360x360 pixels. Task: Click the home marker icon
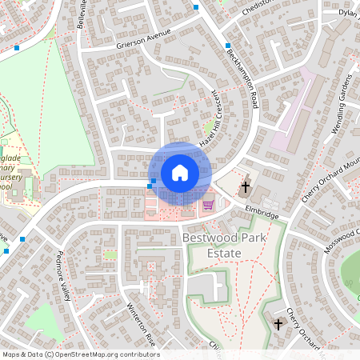coord(179,173)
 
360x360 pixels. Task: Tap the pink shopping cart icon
coord(208,205)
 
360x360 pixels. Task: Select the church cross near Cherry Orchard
coord(278,324)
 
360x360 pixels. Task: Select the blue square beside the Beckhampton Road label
coord(228,46)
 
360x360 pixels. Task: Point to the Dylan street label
coord(347,12)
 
